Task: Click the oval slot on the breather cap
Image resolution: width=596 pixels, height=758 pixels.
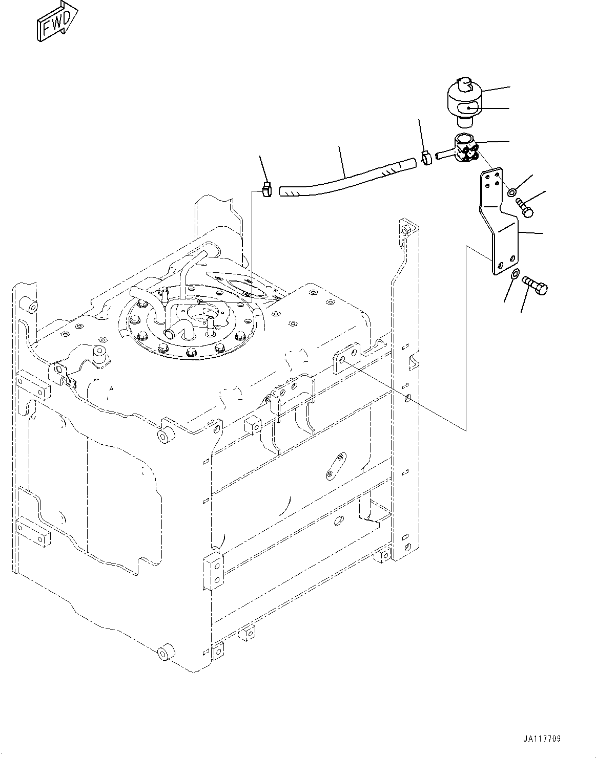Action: (468, 108)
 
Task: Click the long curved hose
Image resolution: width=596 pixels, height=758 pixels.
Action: (343, 179)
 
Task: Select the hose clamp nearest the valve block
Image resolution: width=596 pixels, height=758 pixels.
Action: (426, 158)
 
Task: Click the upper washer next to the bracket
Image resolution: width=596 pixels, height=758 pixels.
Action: (512, 192)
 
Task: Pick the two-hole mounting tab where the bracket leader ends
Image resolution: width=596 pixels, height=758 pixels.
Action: (347, 359)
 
